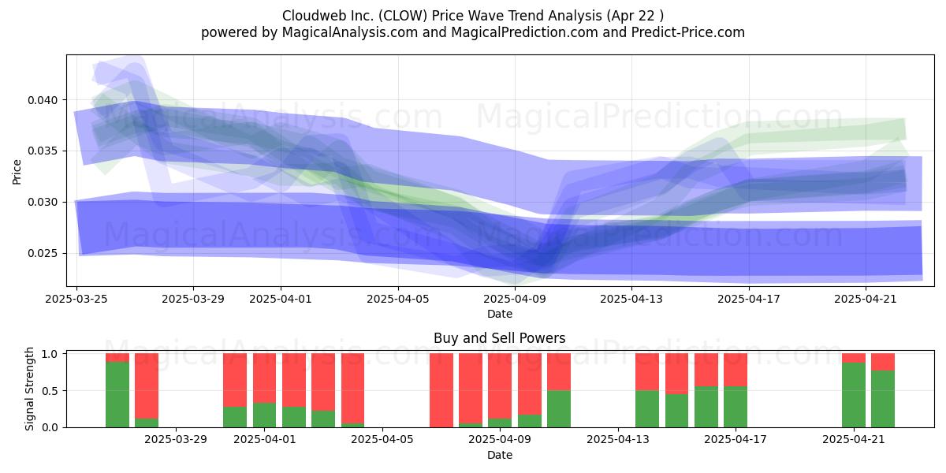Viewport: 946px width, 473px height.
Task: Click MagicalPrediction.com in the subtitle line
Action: [524, 32]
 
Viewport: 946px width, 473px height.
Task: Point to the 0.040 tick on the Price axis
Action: [43, 101]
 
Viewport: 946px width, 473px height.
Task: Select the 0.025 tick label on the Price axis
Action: [43, 253]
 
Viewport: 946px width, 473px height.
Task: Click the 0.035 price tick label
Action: [43, 151]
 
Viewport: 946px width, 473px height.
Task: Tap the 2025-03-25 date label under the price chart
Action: [76, 299]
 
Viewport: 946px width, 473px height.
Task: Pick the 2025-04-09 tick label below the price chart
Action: [515, 299]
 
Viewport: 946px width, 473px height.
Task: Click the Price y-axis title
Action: [17, 173]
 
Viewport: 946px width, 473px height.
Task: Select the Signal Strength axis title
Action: [29, 389]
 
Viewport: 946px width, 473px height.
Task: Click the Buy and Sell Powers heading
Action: [500, 338]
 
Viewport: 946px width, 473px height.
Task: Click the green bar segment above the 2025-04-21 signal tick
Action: [854, 395]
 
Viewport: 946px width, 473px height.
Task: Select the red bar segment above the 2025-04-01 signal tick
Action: [264, 378]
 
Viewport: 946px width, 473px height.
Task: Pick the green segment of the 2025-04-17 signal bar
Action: [736, 407]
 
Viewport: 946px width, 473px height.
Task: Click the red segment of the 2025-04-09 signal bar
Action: [500, 386]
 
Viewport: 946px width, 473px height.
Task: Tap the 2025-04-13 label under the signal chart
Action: [618, 440]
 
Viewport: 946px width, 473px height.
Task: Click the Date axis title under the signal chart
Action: [500, 455]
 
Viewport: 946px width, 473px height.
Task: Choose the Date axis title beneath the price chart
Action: [500, 314]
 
